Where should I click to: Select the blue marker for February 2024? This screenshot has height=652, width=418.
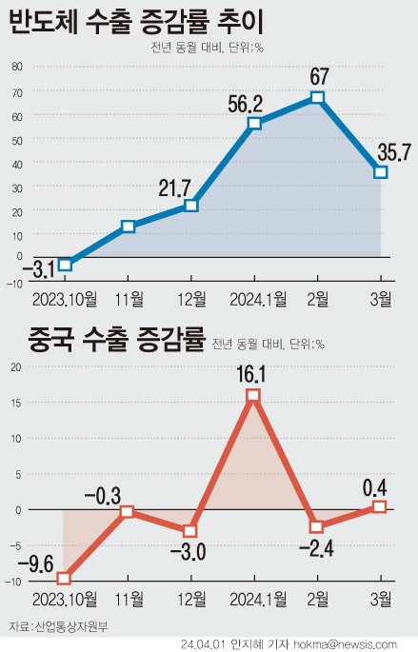point(318,97)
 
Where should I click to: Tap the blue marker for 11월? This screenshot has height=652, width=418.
point(128,227)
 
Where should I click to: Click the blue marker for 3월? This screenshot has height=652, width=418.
point(380,172)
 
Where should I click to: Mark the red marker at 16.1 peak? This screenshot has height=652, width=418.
point(253,395)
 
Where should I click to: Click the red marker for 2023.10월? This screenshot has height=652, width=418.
point(64,578)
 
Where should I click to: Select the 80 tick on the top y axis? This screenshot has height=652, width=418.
point(17,67)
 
